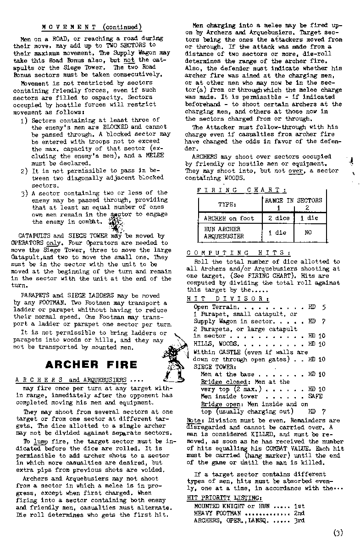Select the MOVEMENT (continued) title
(92, 27)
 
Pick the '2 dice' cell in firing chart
(279, 218)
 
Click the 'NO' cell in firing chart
(308, 232)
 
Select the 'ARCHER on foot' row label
(228, 218)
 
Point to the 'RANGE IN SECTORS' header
(294, 200)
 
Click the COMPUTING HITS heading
(238, 253)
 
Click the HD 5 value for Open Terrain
(317, 307)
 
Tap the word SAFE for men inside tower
(316, 396)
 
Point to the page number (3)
(338, 533)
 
